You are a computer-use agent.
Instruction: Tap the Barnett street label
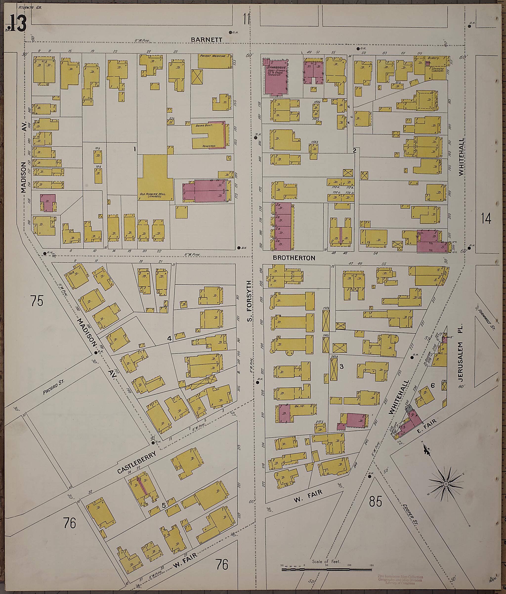(x=207, y=40)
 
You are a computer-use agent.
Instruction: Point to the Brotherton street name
(x=294, y=258)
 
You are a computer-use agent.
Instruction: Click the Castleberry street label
(x=137, y=463)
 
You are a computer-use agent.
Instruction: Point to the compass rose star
(x=446, y=484)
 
